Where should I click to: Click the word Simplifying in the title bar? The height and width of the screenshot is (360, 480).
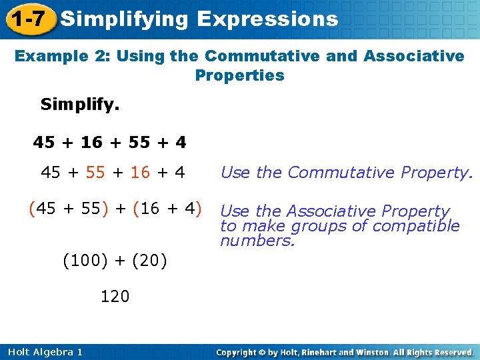pyautogui.click(x=125, y=19)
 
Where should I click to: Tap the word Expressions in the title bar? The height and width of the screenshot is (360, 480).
pyautogui.click(x=268, y=19)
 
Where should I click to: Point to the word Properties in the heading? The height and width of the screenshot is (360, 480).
pyautogui.click(x=239, y=75)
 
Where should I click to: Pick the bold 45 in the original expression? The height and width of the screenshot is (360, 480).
pyautogui.click(x=44, y=143)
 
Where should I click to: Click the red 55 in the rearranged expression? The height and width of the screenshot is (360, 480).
pyautogui.click(x=96, y=173)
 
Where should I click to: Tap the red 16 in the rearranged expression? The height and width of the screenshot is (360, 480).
pyautogui.click(x=141, y=173)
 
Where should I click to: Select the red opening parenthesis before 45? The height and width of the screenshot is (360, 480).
pyautogui.click(x=31, y=209)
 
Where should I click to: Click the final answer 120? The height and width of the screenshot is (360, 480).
pyautogui.click(x=115, y=296)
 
